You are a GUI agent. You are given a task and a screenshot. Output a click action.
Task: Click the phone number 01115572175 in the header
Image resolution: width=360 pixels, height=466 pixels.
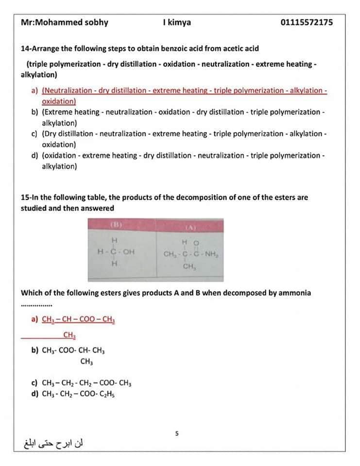coord(307,22)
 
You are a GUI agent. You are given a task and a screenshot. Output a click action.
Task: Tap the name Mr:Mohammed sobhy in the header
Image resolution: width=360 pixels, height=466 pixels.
coord(65,22)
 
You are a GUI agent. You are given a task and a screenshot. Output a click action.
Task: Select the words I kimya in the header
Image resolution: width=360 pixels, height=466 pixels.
coord(177,22)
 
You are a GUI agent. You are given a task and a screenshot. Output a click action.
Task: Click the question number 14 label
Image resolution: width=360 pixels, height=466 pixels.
coord(26,49)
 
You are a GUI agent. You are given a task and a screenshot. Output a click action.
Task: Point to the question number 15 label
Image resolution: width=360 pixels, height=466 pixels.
coord(26,198)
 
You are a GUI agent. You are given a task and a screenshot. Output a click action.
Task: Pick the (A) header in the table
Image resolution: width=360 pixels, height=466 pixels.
coord(190,227)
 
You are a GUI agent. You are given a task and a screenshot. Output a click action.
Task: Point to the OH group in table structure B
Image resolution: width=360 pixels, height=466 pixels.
coord(128,252)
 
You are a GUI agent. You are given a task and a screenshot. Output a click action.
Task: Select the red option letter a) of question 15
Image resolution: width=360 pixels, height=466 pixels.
coord(34,319)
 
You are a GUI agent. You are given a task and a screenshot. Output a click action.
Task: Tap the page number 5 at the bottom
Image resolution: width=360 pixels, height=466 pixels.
coord(177,433)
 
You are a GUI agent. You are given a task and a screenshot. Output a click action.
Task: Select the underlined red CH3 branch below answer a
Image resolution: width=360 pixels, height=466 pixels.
coord(69,335)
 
